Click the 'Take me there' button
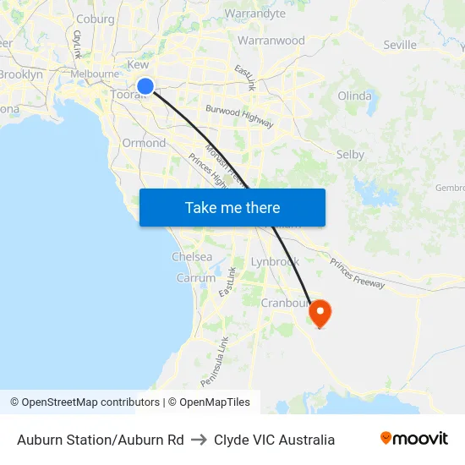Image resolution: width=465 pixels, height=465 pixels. (x=232, y=208)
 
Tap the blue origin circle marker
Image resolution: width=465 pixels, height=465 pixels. (x=145, y=85)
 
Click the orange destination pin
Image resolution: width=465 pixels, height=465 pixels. (x=320, y=314)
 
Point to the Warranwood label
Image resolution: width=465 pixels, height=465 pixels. (x=271, y=40)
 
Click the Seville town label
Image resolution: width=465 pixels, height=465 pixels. (x=400, y=45)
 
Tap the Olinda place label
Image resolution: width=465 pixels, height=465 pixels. (x=354, y=96)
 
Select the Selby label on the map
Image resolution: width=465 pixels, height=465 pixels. (x=350, y=155)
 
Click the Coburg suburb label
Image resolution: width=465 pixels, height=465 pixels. (x=95, y=19)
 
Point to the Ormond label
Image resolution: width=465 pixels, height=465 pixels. (x=144, y=143)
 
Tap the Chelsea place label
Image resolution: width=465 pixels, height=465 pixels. (x=192, y=256)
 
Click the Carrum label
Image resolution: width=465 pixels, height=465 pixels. (x=195, y=277)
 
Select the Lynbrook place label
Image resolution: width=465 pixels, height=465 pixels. (x=275, y=262)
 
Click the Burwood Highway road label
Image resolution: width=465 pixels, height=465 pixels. (x=239, y=116)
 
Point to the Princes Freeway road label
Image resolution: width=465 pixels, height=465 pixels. (x=358, y=273)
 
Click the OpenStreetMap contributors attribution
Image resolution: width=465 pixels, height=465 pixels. (x=85, y=402)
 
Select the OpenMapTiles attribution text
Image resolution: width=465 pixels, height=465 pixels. (x=209, y=402)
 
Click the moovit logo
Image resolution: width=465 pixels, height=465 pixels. (x=414, y=438)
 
